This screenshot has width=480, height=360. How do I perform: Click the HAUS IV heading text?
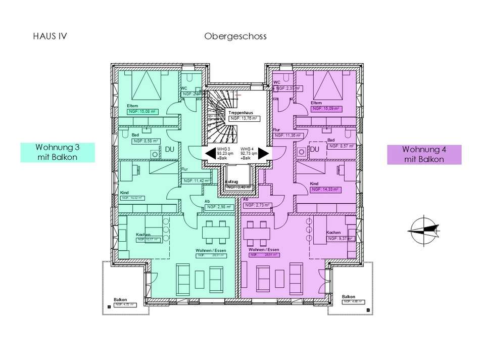click(x=50, y=36)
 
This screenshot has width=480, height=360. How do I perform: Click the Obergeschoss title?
click(x=235, y=36)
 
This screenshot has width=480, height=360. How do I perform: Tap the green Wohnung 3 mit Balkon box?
click(x=57, y=153)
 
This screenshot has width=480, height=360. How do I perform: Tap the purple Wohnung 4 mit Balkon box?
click(x=424, y=154)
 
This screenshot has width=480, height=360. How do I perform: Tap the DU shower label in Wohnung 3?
click(x=170, y=150)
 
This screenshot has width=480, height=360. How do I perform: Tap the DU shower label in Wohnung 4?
click(x=315, y=150)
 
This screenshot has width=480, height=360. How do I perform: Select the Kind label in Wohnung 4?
click(x=314, y=184)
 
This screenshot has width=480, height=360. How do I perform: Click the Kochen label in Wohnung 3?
click(x=143, y=235)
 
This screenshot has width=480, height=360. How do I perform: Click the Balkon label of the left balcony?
click(x=120, y=299)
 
